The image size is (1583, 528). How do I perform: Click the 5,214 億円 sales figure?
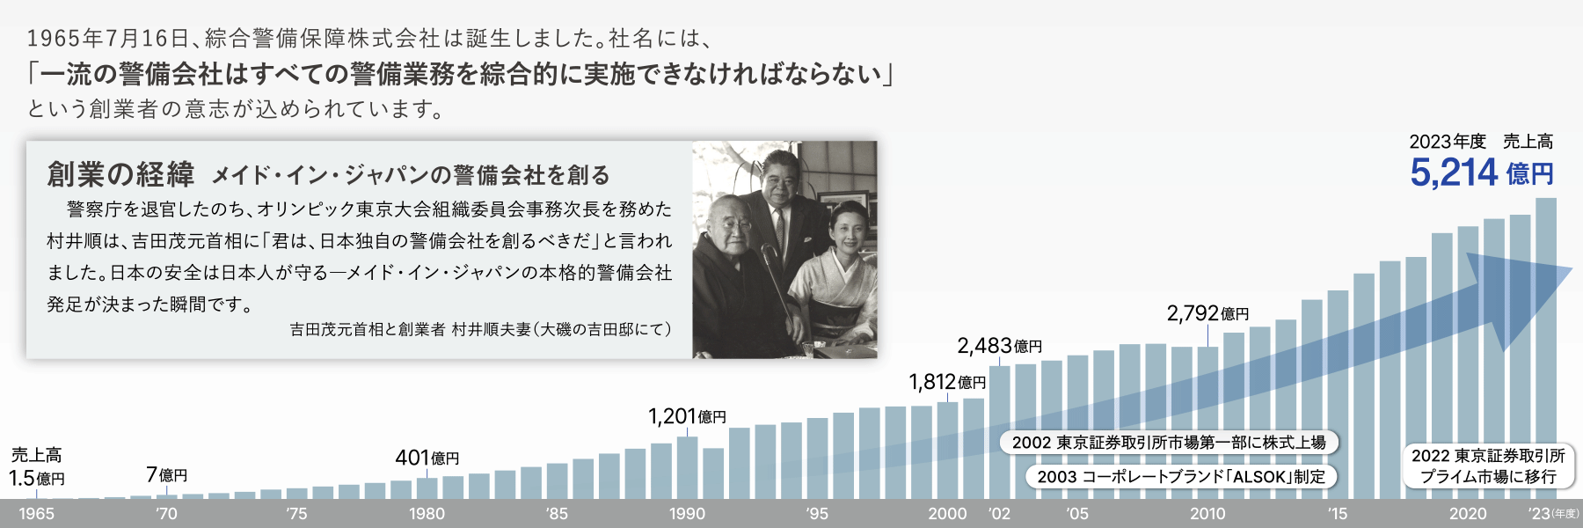(x=1482, y=172)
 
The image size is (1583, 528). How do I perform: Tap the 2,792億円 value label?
(x=1207, y=313)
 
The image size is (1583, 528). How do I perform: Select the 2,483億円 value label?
(x=999, y=346)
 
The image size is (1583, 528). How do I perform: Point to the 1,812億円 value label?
(x=947, y=382)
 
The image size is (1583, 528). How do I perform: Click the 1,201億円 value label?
(x=687, y=416)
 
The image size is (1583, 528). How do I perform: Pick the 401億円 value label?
(x=427, y=458)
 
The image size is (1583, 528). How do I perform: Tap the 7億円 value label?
(x=166, y=475)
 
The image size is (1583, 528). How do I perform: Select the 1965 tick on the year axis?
(x=36, y=514)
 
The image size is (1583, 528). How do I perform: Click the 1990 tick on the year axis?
(x=687, y=514)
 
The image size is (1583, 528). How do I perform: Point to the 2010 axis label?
(x=1207, y=514)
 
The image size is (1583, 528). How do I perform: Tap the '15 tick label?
(x=1338, y=514)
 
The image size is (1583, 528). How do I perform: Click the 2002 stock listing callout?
(x=1169, y=442)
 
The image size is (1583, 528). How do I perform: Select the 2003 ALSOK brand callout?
(x=1181, y=476)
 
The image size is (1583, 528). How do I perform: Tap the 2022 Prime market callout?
(x=1488, y=466)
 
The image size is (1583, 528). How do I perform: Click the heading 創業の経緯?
(x=120, y=174)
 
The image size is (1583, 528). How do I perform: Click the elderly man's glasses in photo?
(x=733, y=224)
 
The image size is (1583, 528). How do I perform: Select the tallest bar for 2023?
(x=1545, y=348)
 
